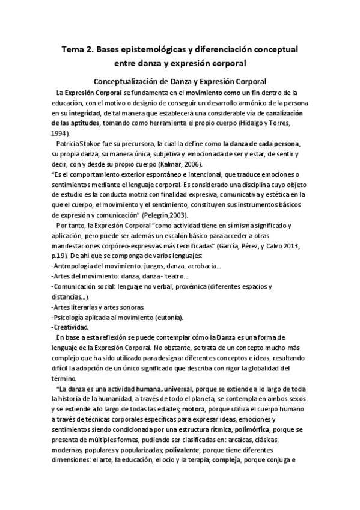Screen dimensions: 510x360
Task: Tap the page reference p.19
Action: click(x=59, y=257)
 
